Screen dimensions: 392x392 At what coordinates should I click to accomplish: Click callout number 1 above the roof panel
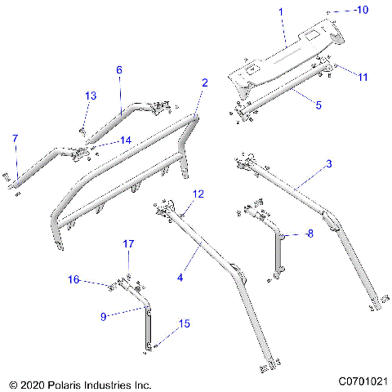[x=281, y=12]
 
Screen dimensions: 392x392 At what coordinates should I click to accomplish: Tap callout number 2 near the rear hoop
[x=204, y=82]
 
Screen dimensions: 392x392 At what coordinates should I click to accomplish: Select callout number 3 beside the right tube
[x=328, y=164]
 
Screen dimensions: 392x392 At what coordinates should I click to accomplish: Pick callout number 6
[x=119, y=70]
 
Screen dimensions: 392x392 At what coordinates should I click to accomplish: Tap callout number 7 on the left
[x=14, y=138]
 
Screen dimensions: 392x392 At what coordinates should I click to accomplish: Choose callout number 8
[x=310, y=234]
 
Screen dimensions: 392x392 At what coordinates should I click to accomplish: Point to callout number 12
[x=197, y=194]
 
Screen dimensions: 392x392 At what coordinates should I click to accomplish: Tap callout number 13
[x=90, y=96]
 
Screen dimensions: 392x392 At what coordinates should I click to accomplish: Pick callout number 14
[x=125, y=140]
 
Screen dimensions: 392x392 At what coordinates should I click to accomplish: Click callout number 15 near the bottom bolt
[x=185, y=324]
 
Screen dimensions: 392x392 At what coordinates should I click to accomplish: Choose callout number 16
[x=73, y=280]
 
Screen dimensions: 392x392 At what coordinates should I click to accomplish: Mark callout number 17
[x=128, y=244]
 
